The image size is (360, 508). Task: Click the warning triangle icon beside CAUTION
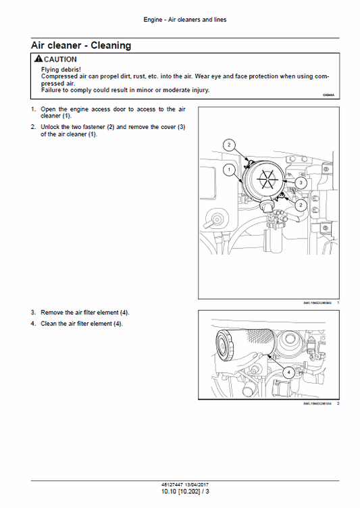point(38,60)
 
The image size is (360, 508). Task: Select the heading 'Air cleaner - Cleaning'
point(81,46)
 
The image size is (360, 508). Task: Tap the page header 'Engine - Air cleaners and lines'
point(185,20)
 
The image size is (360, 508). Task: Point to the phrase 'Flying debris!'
point(61,70)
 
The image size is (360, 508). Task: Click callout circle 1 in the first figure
point(230,168)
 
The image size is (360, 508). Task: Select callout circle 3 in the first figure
point(301,182)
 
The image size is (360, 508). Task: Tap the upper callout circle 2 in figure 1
point(229,145)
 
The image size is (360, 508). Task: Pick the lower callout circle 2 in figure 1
point(301,204)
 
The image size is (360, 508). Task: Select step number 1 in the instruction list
point(33,109)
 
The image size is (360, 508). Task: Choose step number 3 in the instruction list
point(33,313)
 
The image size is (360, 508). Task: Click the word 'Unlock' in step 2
point(50,127)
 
